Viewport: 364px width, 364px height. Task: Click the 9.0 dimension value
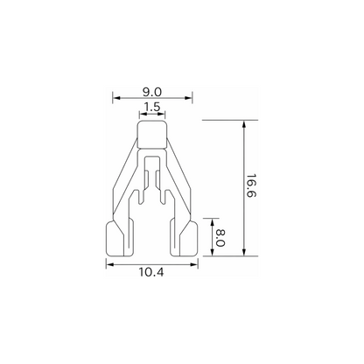click(152, 92)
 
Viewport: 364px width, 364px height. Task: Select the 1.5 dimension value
click(152, 107)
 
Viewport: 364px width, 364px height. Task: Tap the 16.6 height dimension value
click(250, 185)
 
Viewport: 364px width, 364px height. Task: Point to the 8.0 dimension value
click(220, 237)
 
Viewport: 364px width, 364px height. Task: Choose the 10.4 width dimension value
click(150, 272)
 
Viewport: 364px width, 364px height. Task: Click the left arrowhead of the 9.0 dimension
click(116, 98)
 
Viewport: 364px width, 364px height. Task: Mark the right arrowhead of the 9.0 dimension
click(188, 98)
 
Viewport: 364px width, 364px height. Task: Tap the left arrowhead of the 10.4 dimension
click(110, 264)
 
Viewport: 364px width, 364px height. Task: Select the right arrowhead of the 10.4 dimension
click(194, 264)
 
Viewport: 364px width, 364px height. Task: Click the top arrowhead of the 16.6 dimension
click(244, 124)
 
